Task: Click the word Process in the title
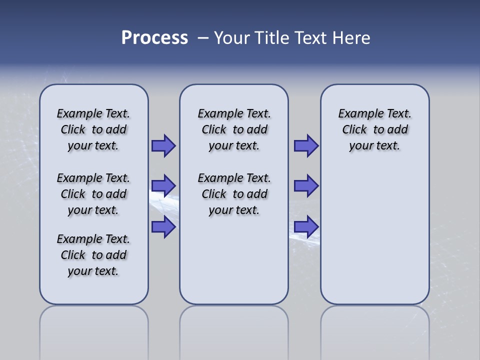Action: pos(154,38)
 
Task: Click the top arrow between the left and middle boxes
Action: pos(163,145)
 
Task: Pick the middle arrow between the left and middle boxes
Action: pos(163,186)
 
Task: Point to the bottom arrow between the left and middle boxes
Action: pos(163,227)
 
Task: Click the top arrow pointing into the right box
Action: pos(306,145)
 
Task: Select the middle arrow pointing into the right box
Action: pos(306,186)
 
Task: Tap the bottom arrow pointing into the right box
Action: pos(306,227)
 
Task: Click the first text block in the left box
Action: pos(93,129)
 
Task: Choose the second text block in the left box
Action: pos(93,194)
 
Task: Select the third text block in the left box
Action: pos(93,255)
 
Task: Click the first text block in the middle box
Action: pos(234,129)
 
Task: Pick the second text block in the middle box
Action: pos(234,194)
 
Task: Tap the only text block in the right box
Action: pos(374,129)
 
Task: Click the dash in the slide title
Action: pos(203,38)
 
